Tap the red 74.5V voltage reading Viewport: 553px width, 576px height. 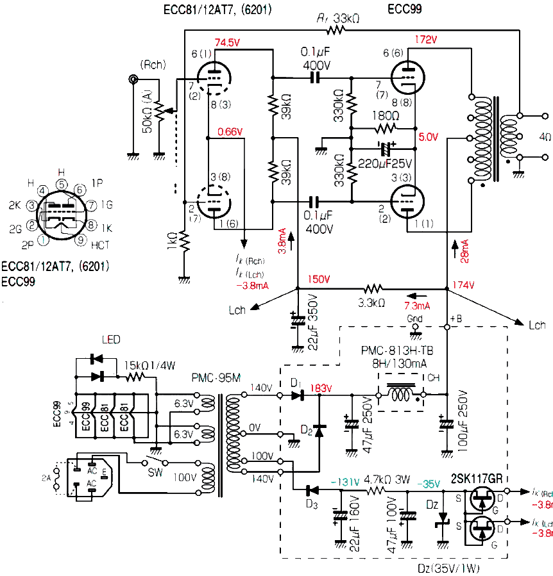[x=228, y=42]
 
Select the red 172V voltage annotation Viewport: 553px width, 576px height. [x=426, y=40]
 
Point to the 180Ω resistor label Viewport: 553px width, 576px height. [x=384, y=115]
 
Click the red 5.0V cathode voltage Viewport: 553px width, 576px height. [x=428, y=136]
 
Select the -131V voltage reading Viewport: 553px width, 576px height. [x=344, y=481]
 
